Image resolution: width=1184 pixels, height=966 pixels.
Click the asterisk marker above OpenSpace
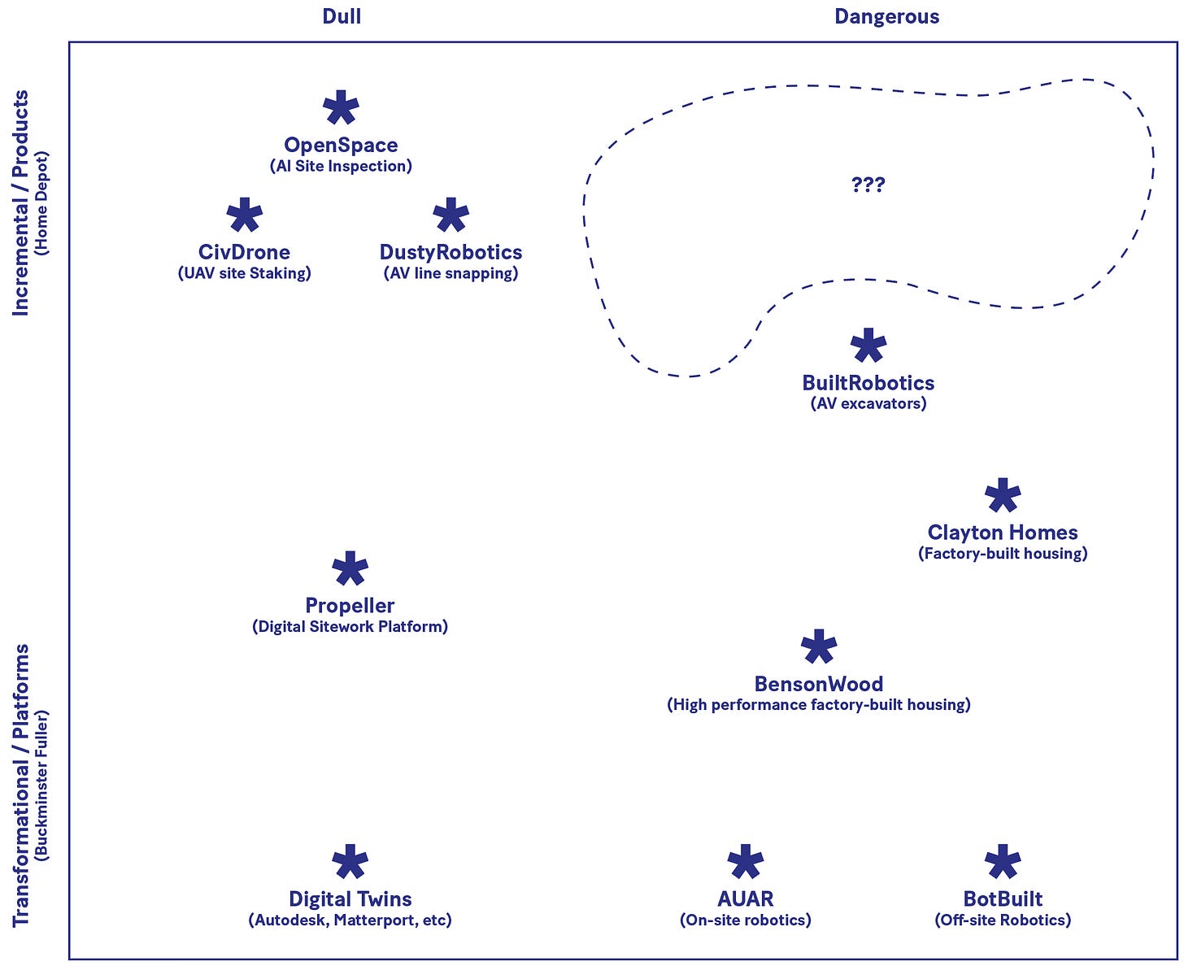tap(341, 108)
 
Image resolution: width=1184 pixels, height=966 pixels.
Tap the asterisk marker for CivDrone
tap(244, 215)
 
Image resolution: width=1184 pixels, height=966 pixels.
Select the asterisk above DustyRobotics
tap(451, 215)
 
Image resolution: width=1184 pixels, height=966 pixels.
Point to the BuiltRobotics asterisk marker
tap(868, 346)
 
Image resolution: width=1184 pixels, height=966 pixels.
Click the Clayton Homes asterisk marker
tap(1002, 496)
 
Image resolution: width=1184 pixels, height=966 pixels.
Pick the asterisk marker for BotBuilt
tap(1002, 863)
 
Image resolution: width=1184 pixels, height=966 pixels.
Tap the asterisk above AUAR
tap(745, 863)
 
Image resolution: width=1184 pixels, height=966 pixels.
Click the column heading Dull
tap(342, 16)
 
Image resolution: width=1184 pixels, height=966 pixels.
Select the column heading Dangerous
tap(886, 16)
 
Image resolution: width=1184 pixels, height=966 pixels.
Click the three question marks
tap(868, 185)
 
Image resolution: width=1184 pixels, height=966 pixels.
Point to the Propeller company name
tap(350, 606)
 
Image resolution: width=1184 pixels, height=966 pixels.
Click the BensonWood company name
tap(818, 684)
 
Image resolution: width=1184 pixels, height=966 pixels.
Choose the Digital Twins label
tap(350, 899)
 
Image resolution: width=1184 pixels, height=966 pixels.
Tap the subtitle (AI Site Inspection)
tap(341, 166)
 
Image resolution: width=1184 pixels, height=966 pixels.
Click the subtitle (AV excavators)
tap(868, 403)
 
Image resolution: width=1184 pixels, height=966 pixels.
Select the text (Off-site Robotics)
tap(1002, 920)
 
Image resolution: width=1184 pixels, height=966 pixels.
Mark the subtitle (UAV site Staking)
tap(244, 273)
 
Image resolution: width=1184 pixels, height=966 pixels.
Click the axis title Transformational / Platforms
tap(21, 785)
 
